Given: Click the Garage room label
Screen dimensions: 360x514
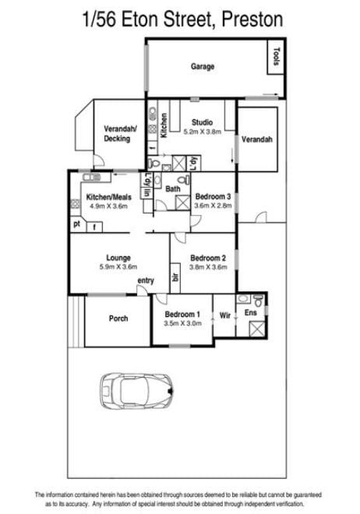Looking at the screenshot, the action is click(x=203, y=66).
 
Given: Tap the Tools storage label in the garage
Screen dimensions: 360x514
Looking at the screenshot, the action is click(x=277, y=56).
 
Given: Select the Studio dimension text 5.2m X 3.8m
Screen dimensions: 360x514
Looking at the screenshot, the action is click(x=202, y=132).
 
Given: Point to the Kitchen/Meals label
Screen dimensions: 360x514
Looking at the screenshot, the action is click(x=108, y=197).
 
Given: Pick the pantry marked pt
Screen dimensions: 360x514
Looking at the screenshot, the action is click(x=76, y=224).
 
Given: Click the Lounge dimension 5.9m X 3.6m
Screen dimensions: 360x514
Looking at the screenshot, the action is click(x=118, y=267).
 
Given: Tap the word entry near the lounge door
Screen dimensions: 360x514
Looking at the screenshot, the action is click(x=146, y=280).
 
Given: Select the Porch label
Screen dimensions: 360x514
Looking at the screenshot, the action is click(x=118, y=319).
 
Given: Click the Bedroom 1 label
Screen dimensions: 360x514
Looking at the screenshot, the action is click(x=182, y=315).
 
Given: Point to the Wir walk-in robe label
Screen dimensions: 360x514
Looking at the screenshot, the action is click(x=225, y=315).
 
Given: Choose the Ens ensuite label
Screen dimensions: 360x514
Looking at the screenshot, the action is click(x=250, y=313).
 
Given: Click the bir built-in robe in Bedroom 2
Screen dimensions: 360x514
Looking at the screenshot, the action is click(x=175, y=278).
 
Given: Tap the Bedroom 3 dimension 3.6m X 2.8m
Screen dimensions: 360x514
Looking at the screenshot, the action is click(x=213, y=206).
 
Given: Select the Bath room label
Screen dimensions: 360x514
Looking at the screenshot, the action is click(x=173, y=188).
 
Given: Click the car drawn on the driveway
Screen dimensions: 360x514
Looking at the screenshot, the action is click(x=136, y=391).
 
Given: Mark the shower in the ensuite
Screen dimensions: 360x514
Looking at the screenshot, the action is click(x=256, y=329).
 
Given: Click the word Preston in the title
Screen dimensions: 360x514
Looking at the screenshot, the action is click(x=252, y=19).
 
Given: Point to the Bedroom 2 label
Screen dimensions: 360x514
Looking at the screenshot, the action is click(x=208, y=258).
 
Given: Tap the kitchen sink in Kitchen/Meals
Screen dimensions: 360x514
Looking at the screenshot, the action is click(x=92, y=178).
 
